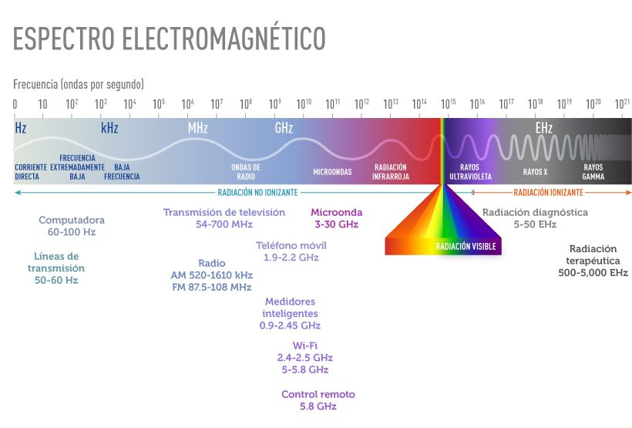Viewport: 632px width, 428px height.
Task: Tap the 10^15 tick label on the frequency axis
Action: (x=448, y=103)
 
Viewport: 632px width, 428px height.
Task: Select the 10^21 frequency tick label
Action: (x=623, y=103)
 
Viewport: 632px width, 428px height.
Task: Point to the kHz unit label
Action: (x=109, y=128)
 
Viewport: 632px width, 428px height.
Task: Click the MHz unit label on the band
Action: (x=198, y=128)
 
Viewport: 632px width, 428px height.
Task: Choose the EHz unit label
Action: (x=544, y=128)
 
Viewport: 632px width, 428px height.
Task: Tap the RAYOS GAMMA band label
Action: (x=593, y=171)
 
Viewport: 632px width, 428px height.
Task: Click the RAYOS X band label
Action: (x=535, y=171)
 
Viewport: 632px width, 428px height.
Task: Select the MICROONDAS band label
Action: (x=332, y=171)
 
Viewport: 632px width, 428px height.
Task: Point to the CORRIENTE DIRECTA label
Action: (x=31, y=171)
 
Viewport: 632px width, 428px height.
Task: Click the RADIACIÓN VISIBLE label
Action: (x=466, y=247)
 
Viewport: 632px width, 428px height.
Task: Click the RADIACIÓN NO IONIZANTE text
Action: (x=257, y=192)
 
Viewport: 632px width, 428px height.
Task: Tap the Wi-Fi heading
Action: (x=305, y=345)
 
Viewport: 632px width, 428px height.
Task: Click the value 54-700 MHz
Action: (x=224, y=224)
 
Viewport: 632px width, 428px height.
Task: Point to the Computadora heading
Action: (x=72, y=220)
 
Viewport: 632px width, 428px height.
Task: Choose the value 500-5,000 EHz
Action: (x=593, y=272)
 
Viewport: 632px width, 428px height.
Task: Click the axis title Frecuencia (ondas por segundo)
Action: (x=79, y=84)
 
